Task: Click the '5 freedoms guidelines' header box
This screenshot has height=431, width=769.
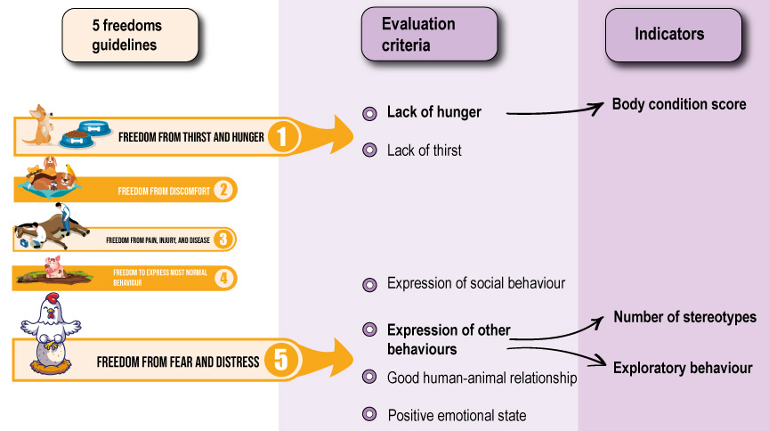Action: (x=131, y=36)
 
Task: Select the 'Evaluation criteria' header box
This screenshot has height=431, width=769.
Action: (x=430, y=35)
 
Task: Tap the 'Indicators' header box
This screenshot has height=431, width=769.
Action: (x=674, y=36)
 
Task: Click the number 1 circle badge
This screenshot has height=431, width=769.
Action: (x=282, y=137)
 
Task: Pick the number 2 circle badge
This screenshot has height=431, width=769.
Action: (x=223, y=190)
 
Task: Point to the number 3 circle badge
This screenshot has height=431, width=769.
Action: (x=223, y=240)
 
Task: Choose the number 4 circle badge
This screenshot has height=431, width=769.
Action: (x=224, y=279)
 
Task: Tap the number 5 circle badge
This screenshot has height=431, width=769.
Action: (x=281, y=360)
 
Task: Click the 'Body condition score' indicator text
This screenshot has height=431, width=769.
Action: (x=679, y=104)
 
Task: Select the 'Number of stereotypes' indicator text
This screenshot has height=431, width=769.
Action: (x=684, y=317)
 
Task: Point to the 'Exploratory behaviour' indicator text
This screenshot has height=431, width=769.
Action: (x=683, y=368)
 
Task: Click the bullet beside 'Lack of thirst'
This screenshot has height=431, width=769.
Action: (x=369, y=150)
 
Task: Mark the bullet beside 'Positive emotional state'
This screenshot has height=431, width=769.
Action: (x=369, y=414)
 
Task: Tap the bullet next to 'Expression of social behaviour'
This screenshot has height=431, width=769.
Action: (x=369, y=285)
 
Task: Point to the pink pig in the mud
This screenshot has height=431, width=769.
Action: (x=53, y=266)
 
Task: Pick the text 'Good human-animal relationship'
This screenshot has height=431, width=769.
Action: (x=482, y=378)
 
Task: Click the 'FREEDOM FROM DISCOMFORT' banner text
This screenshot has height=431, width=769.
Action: (x=164, y=191)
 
